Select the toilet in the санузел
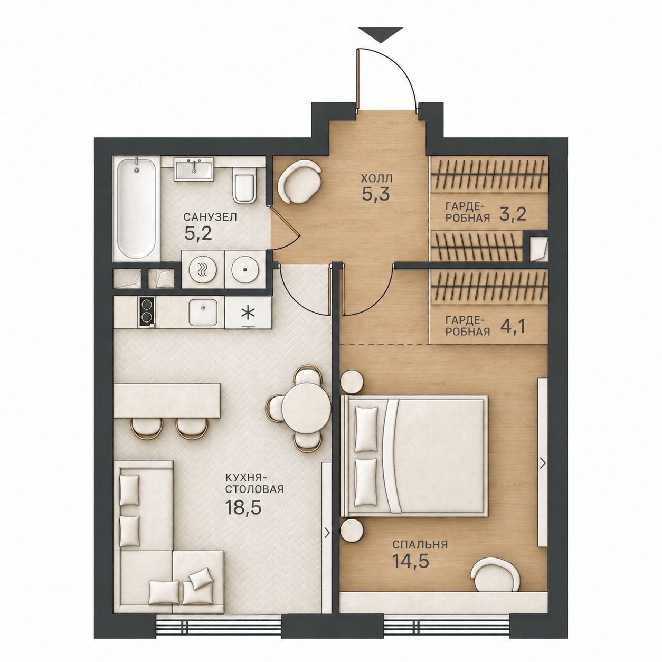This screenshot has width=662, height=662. click(243, 184)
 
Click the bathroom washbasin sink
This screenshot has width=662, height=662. click(194, 169)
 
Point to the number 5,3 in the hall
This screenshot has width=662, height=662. click(376, 194)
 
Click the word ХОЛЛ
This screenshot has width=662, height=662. click(376, 178)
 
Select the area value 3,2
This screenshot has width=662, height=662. click(513, 215)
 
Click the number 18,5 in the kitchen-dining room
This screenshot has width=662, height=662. click(243, 507)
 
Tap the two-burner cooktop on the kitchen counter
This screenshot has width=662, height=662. click(146, 311)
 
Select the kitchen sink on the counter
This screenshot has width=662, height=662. click(203, 312)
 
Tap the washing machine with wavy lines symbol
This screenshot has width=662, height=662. click(203, 270)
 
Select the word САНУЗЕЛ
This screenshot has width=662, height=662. click(210, 217)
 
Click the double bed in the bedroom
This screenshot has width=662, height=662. click(414, 456)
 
